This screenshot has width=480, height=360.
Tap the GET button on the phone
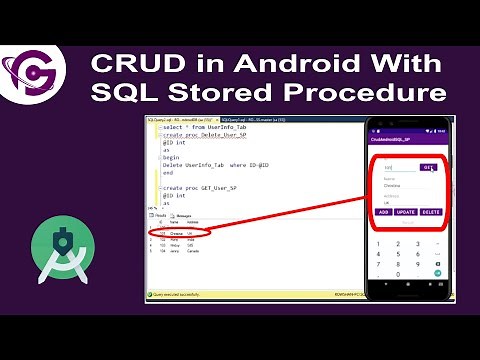pyautogui.click(x=429, y=167)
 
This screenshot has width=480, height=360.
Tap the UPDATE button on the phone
pyautogui.click(x=407, y=212)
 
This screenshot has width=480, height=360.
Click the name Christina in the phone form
pyautogui.click(x=392, y=184)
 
